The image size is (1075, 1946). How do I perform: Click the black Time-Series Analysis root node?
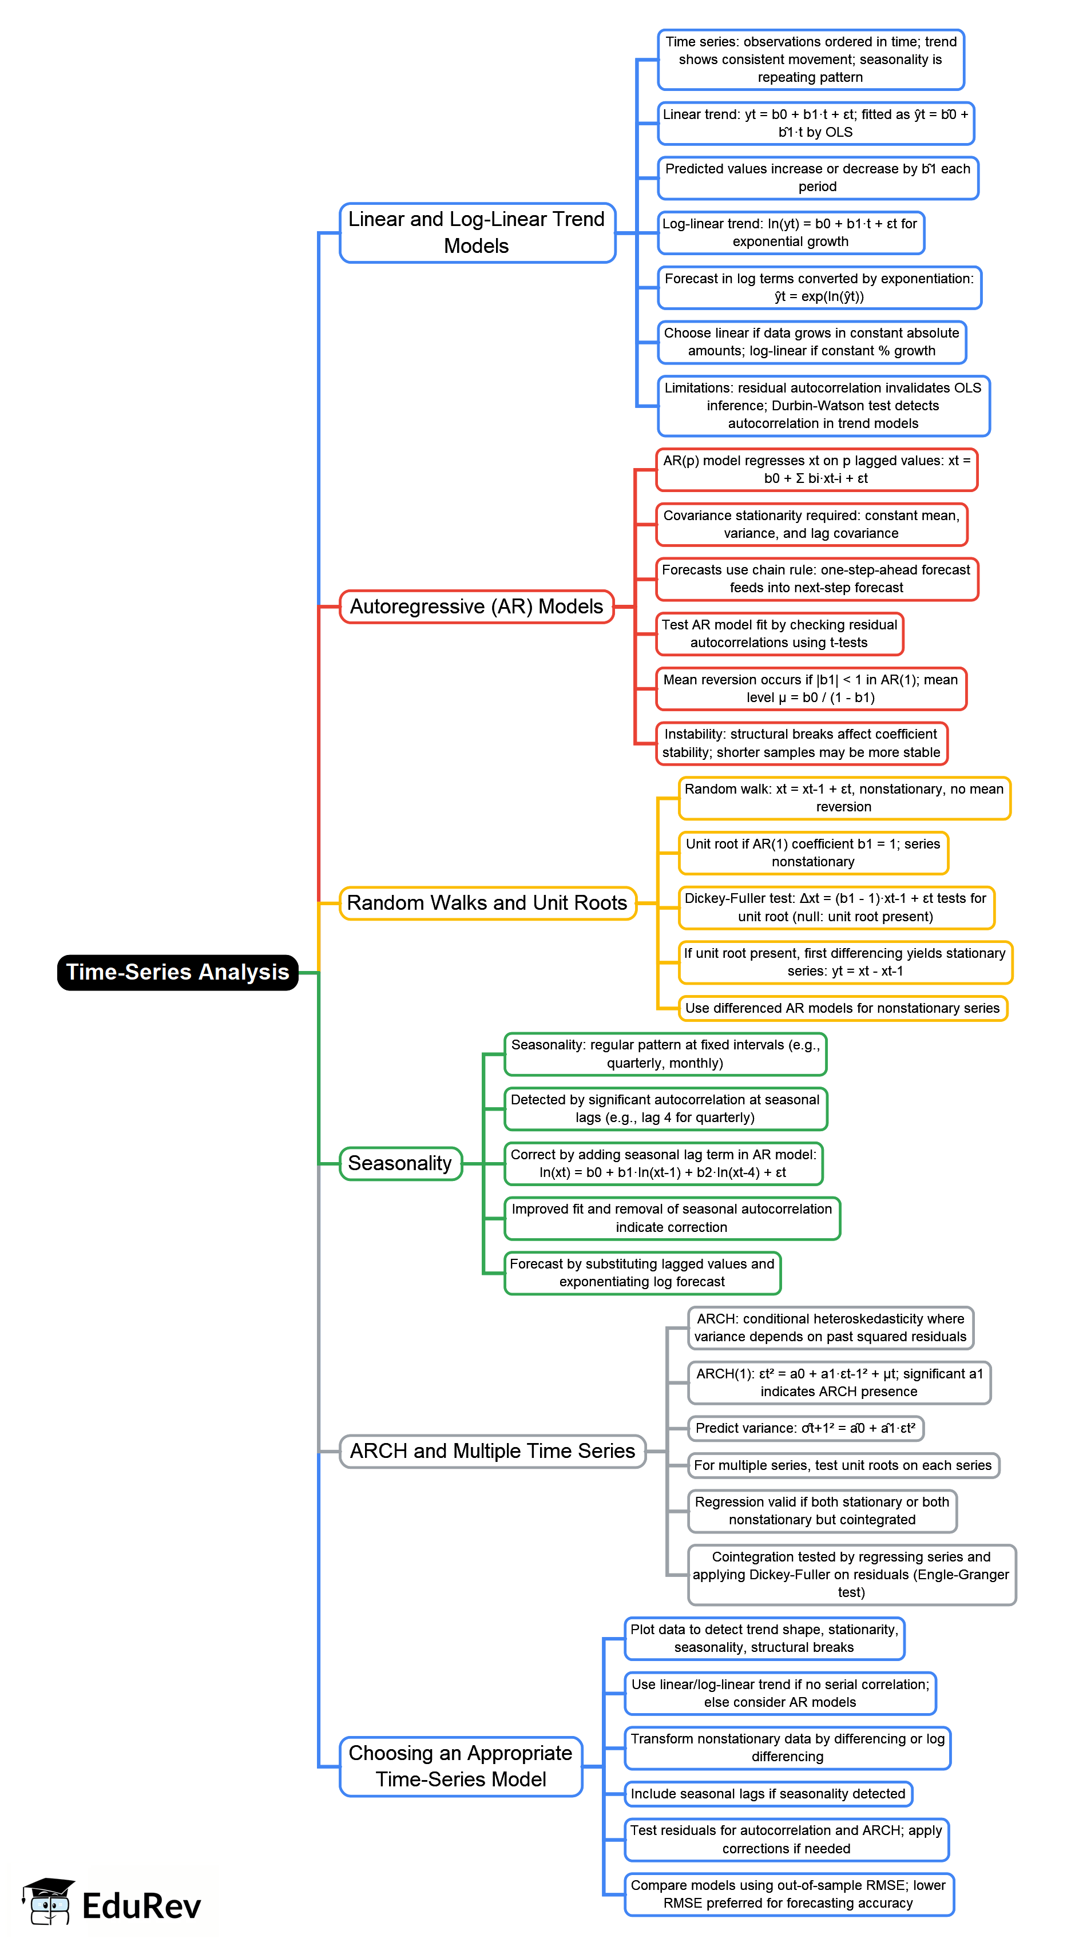[177, 972]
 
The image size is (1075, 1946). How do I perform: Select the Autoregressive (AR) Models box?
[476, 607]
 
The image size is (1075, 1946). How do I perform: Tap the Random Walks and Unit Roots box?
[487, 903]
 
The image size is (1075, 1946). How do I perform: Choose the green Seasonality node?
[400, 1163]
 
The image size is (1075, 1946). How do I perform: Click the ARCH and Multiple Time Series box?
[492, 1450]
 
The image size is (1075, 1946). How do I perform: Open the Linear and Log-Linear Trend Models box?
[477, 233]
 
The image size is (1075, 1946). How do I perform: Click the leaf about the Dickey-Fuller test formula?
[835, 907]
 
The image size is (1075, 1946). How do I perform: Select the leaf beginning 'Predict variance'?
[806, 1428]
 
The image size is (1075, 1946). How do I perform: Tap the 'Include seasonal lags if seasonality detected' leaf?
[768, 1793]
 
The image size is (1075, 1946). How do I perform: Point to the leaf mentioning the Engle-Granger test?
[851, 1574]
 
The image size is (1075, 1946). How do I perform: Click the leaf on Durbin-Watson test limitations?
[823, 406]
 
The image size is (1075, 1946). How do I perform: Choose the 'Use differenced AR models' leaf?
[842, 1008]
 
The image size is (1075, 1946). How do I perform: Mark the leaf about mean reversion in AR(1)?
[811, 688]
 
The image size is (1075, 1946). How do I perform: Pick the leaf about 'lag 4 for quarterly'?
[665, 1108]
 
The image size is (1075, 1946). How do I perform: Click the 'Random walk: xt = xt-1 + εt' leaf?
[844, 798]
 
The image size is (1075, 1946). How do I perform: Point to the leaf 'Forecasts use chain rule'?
[816, 578]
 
